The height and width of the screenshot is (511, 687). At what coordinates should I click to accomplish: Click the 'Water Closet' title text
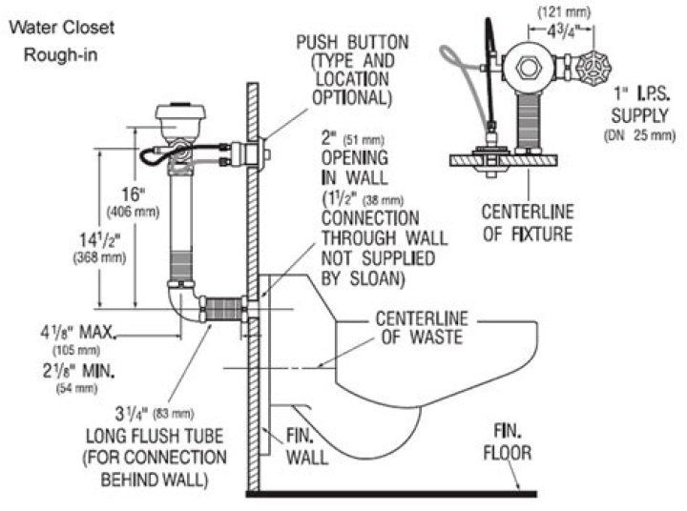[x=62, y=27]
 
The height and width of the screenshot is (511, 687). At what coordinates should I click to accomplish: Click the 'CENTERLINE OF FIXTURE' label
[x=539, y=221]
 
